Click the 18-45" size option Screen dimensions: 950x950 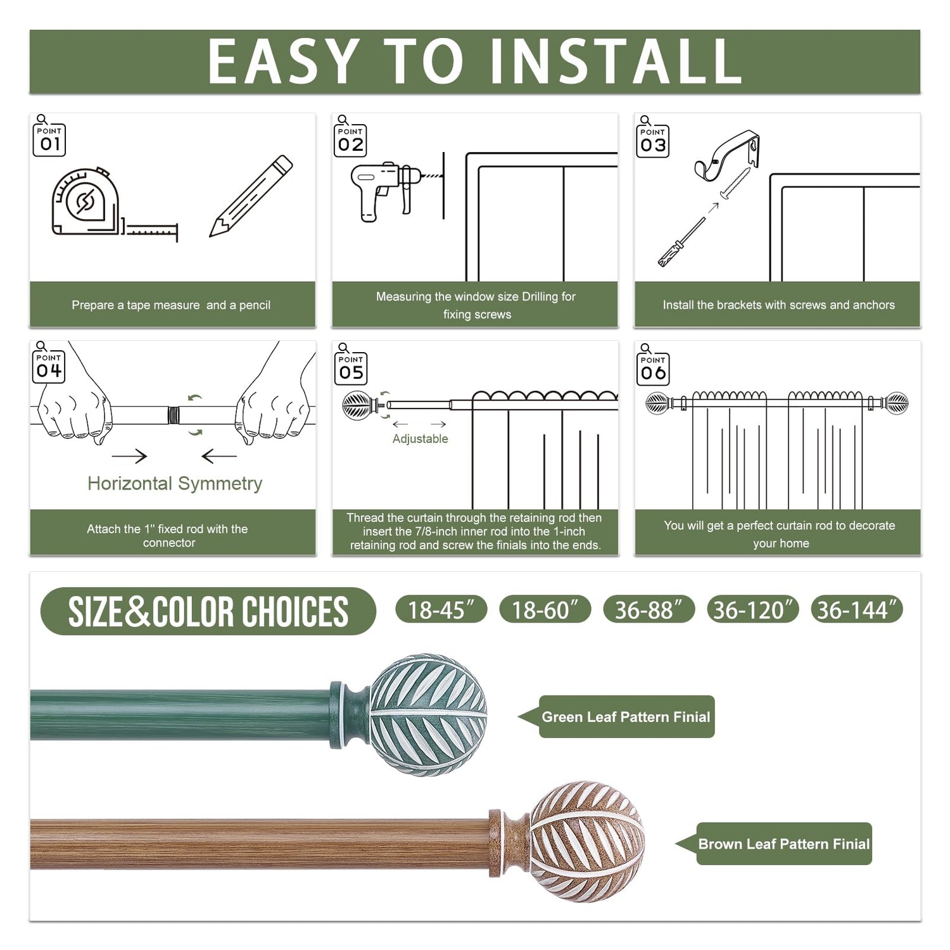point(441,609)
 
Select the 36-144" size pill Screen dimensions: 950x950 point(856,609)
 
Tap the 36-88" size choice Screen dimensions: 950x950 point(649,609)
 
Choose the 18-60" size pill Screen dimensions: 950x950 point(545,609)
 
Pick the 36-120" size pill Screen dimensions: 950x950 point(752,609)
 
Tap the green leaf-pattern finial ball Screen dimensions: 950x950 point(428,715)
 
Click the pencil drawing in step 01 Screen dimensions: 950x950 point(251,196)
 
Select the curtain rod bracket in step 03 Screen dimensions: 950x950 point(727,155)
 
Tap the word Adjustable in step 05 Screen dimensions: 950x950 point(420,439)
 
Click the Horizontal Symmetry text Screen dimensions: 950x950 point(175,484)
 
